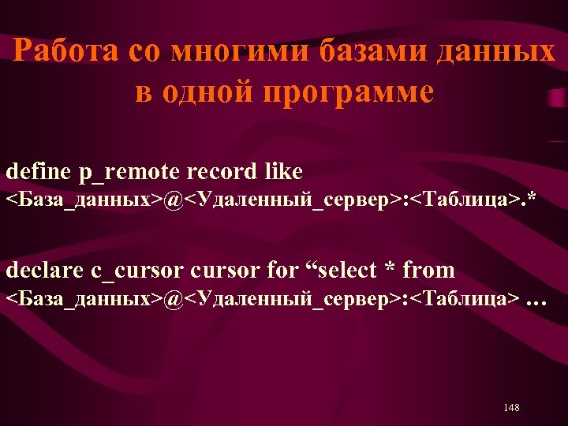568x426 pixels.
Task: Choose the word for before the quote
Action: click(282, 270)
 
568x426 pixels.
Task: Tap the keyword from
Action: click(429, 270)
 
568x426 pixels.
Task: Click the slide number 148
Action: click(511, 407)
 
